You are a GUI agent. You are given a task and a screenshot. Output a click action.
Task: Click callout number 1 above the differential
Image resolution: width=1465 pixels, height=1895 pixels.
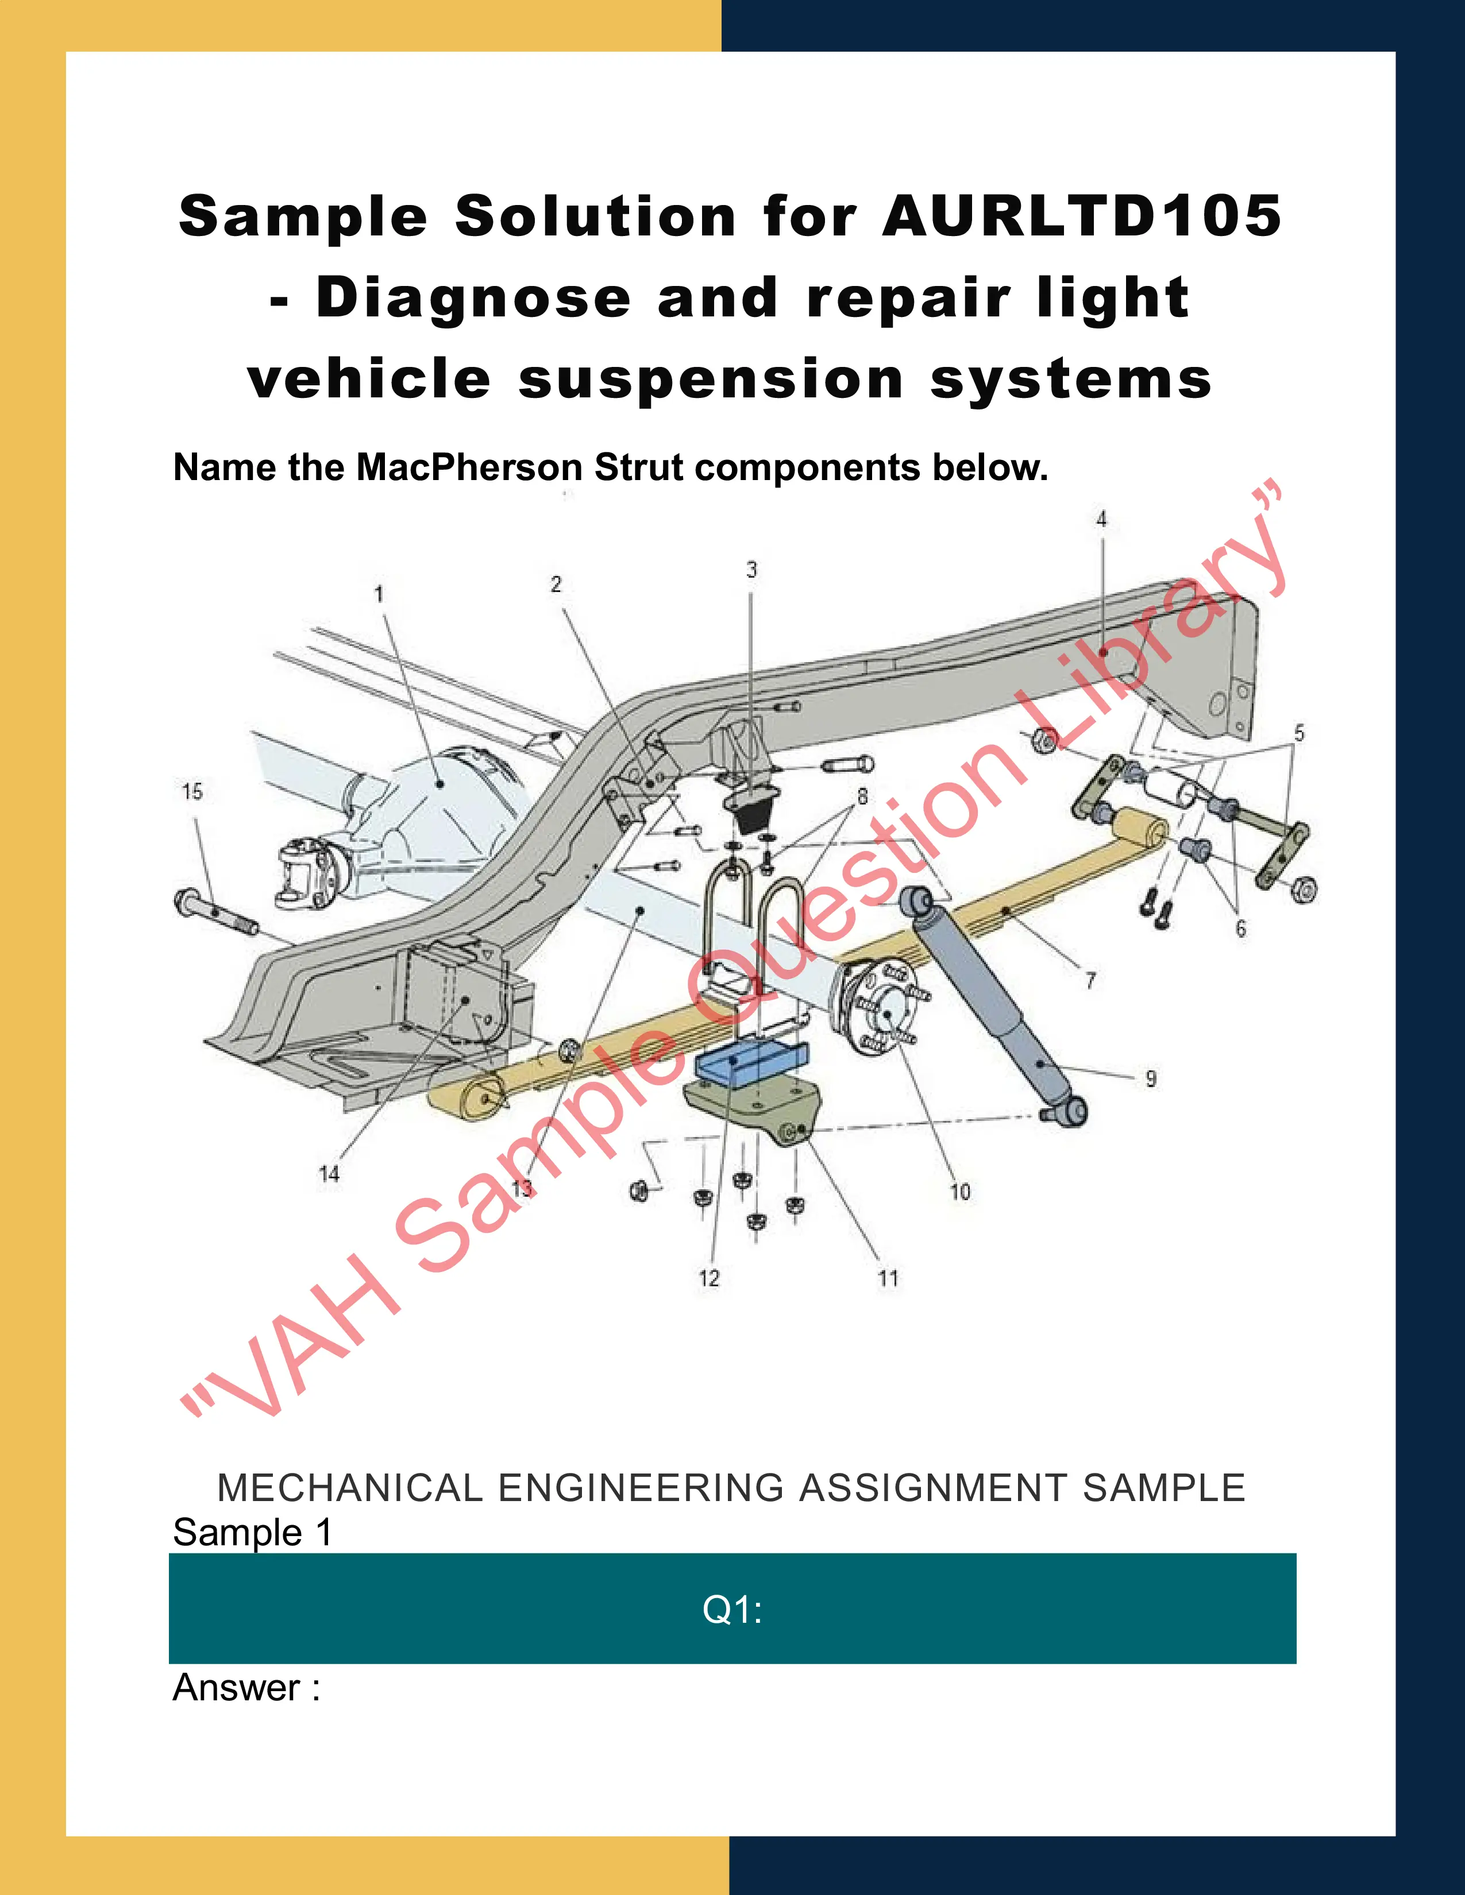click(379, 594)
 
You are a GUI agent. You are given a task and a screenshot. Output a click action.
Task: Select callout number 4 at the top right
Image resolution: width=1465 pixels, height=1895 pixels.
click(1101, 519)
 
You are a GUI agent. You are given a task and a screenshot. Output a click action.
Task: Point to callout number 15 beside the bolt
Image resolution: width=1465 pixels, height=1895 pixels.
click(192, 791)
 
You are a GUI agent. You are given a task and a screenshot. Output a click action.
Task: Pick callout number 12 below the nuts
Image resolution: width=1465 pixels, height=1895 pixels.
click(709, 1278)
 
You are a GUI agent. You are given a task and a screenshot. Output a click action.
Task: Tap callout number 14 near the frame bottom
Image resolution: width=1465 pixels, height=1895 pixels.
click(329, 1174)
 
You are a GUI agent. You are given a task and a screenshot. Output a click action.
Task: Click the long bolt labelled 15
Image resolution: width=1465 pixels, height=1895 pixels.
click(215, 914)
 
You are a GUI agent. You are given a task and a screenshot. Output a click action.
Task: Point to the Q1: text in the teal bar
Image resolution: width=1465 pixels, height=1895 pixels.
click(731, 1610)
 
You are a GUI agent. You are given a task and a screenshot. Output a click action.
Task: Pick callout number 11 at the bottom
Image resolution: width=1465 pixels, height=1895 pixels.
click(888, 1278)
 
